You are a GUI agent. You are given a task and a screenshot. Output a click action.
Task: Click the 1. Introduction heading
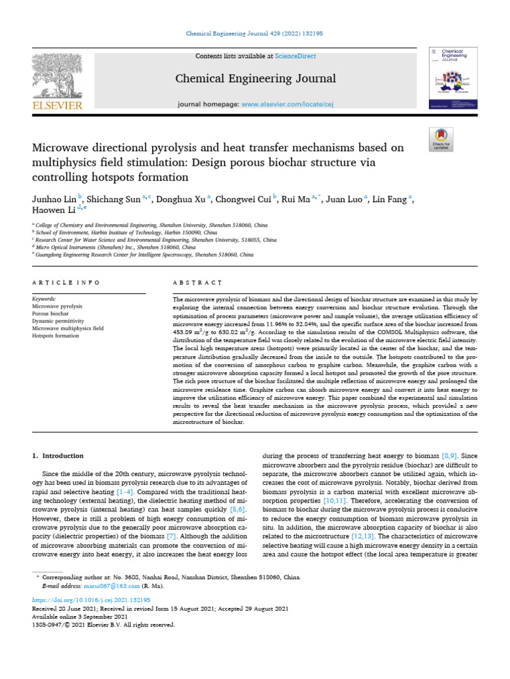coord(58,456)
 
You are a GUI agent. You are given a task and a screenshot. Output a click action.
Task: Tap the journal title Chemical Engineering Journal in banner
coord(255,80)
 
